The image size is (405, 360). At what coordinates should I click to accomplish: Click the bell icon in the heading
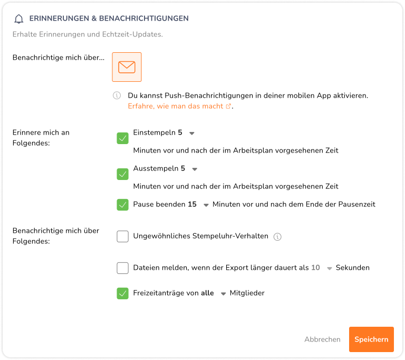pos(19,19)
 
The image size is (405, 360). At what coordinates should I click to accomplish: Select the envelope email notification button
pos(127,67)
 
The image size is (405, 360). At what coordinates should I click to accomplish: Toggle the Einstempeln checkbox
pos(123,138)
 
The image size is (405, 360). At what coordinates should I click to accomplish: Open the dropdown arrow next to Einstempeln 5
pos(192,134)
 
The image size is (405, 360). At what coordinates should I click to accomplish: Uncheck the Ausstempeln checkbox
pos(123,174)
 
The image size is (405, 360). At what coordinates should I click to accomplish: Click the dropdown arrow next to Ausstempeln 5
pos(195,169)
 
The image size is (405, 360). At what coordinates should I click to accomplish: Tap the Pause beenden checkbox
pos(123,205)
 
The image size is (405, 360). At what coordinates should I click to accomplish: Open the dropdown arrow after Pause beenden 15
pos(206,205)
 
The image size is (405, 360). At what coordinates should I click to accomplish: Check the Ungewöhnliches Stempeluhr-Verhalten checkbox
pos(123,236)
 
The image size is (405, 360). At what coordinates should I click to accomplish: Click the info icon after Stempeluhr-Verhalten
pos(277,236)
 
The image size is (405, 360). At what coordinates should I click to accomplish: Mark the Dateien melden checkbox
pos(123,268)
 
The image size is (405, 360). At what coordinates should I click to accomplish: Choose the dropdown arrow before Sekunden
pos(330,268)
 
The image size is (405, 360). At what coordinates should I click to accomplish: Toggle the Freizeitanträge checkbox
pos(123,293)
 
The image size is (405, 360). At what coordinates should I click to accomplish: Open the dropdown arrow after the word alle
pos(224,293)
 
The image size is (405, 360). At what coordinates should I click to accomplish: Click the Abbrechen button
pos(322,339)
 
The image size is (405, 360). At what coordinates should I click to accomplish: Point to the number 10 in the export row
pos(315,268)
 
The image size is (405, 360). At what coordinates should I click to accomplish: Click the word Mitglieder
pos(247,293)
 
